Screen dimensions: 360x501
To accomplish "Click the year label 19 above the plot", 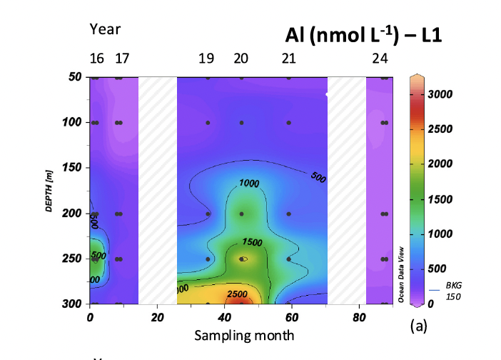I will click(206, 59).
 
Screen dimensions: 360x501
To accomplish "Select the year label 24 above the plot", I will click(380, 59).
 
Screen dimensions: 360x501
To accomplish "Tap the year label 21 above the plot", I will click(288, 59).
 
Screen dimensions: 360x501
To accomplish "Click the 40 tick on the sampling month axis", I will click(224, 318).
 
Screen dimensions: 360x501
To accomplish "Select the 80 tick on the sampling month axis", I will click(360, 318).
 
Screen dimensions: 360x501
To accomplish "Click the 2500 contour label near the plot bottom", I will click(238, 294).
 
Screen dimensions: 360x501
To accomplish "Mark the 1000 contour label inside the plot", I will click(250, 184).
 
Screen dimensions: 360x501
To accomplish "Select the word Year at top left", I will click(105, 29).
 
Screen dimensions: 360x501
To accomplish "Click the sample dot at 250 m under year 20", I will click(243, 259).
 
